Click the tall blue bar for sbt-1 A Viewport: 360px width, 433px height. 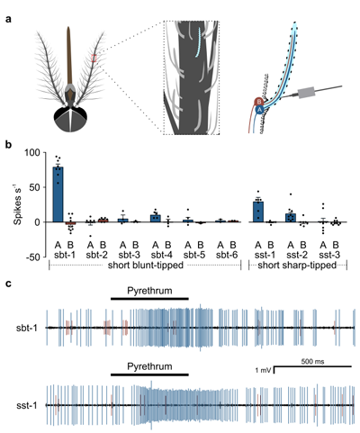coord(58,194)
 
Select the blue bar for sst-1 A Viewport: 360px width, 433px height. coord(258,212)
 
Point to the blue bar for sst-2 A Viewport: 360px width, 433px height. coord(291,218)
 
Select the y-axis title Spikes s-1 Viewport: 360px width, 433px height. coord(19,203)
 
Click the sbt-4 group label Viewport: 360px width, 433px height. coord(162,255)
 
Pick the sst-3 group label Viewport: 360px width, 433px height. coord(329,255)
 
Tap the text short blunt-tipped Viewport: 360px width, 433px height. coord(146,266)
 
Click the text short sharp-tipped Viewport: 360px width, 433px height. coord(297,266)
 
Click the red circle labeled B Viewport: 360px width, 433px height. coord(258,102)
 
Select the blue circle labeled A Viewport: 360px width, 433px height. coord(260,110)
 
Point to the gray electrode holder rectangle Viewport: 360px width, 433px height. coord(306,92)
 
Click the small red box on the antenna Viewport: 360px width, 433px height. coord(94,58)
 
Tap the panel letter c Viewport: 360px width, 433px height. coord(9,284)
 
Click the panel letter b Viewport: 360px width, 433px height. coord(9,144)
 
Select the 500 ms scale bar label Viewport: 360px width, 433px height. coord(312,362)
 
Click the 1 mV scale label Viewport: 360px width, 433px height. coord(263,371)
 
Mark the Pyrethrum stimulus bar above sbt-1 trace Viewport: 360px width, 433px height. coord(149,299)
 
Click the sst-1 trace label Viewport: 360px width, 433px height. coord(27,406)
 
